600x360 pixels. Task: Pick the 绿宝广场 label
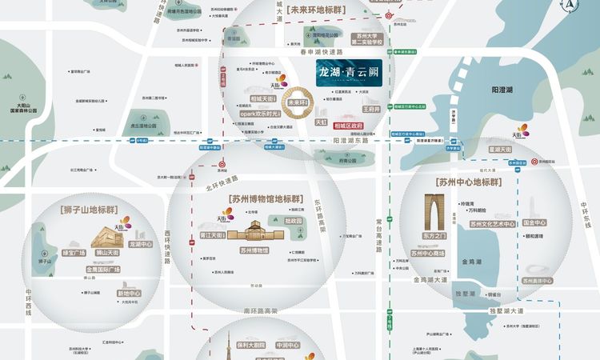74,253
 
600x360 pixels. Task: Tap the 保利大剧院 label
250,346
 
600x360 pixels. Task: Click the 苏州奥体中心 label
537,281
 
